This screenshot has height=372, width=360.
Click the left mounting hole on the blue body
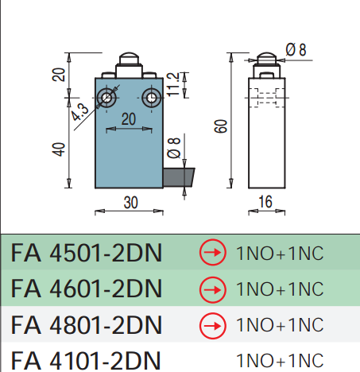pos(106,98)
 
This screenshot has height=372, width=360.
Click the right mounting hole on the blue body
pos(152,98)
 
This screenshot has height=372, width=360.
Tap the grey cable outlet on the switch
pos(179,177)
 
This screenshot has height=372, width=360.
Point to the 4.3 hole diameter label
pos(80,112)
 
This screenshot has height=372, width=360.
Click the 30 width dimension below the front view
pos(130,203)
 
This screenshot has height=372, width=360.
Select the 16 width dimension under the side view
pos(265,202)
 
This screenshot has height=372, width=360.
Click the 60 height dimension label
pos(221,126)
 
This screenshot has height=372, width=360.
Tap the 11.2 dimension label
pos(173,84)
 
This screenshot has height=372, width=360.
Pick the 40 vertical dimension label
pos(59,149)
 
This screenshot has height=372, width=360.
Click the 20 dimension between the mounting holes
pos(129,119)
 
